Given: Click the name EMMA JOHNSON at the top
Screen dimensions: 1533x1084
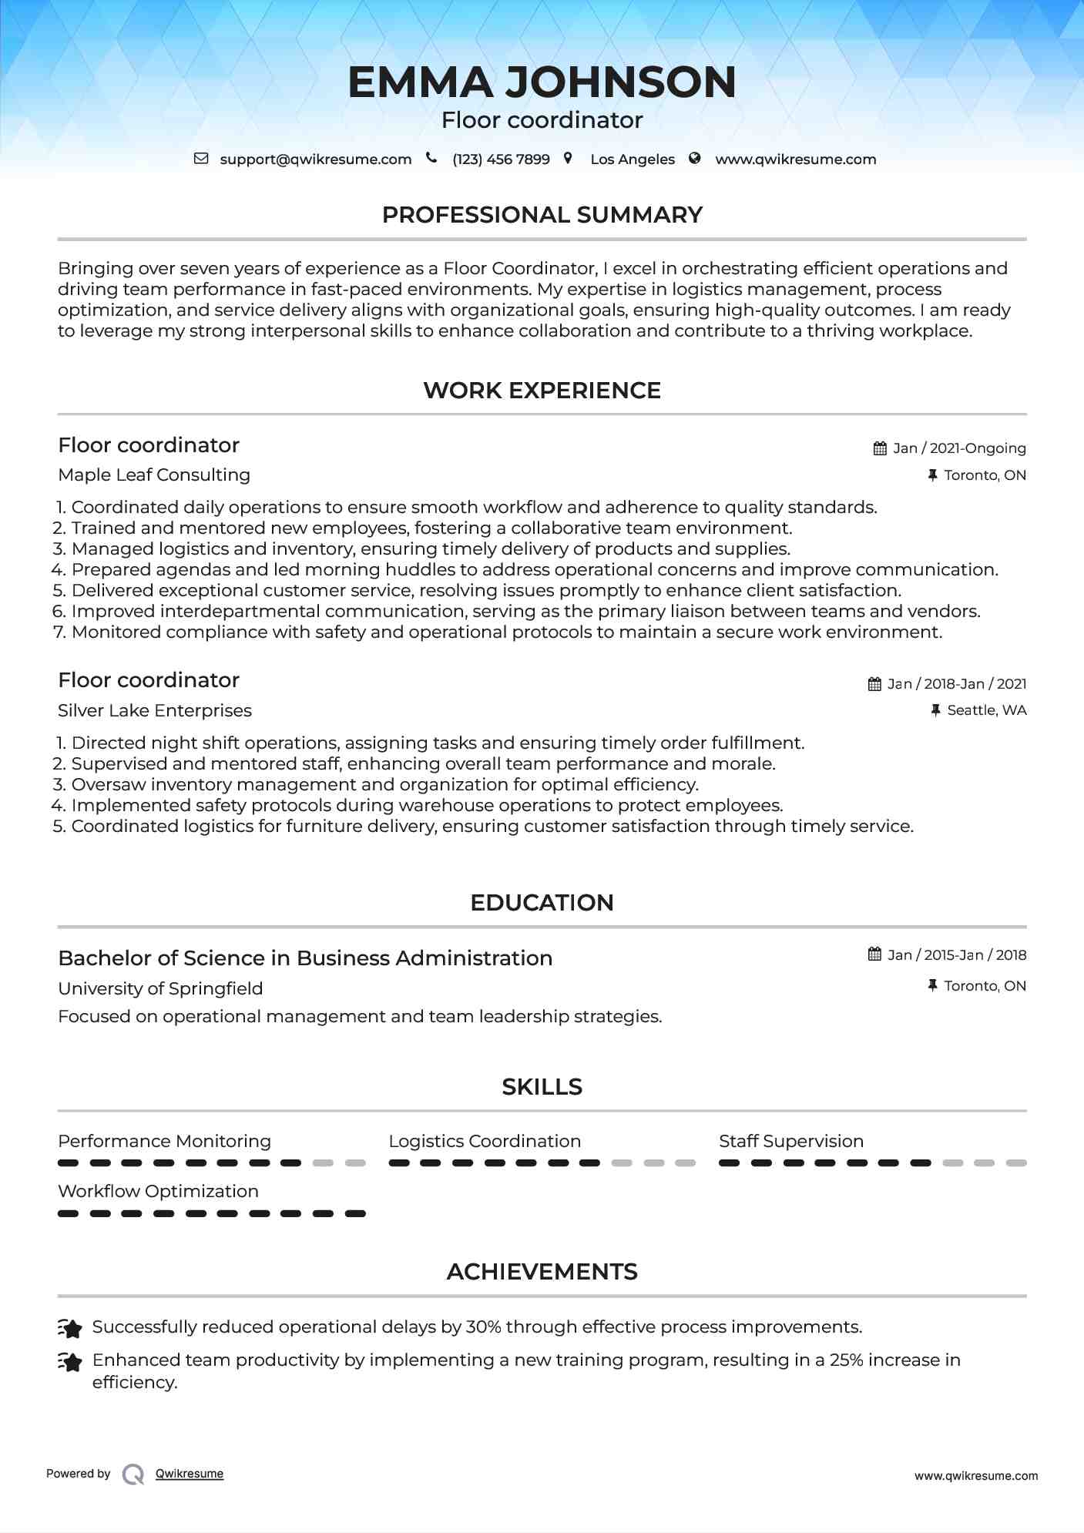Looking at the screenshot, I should [x=542, y=82].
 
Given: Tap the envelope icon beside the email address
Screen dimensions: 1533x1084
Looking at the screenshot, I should [x=201, y=159].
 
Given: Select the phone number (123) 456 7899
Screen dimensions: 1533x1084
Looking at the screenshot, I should [x=501, y=159].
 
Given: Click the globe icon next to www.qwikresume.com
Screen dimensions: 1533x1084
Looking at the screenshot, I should [x=695, y=159].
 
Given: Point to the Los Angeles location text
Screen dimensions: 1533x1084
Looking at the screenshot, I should [x=632, y=159].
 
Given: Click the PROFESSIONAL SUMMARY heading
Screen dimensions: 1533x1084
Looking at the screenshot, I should [x=542, y=215].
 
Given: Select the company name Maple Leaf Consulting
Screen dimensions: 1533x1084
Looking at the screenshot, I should [x=154, y=475].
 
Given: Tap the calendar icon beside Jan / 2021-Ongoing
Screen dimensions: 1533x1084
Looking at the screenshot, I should [x=880, y=448].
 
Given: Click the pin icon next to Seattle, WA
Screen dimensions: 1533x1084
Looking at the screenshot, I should [x=935, y=710].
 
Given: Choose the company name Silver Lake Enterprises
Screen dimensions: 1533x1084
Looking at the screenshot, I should [x=155, y=711].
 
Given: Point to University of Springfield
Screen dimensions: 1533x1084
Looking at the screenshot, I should [x=160, y=989].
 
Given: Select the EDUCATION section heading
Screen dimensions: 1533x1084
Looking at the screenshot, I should [x=542, y=903].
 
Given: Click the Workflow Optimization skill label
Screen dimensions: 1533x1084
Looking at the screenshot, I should [x=158, y=1192].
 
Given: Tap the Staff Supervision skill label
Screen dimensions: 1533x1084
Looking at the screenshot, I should [x=790, y=1142].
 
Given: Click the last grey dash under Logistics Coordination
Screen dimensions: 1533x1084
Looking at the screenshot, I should [x=685, y=1163].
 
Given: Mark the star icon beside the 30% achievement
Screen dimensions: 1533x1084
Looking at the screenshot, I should [x=70, y=1329].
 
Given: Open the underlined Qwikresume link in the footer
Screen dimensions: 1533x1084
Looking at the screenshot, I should [x=190, y=1474].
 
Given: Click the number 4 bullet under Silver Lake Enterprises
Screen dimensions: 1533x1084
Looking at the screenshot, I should [x=59, y=806].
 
